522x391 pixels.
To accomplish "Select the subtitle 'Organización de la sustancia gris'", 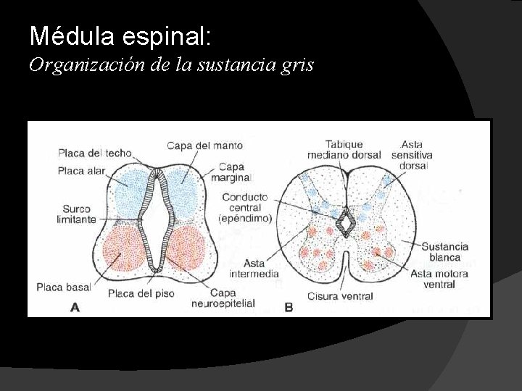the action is pyautogui.click(x=171, y=65).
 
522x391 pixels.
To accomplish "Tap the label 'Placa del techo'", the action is pyautogui.click(x=94, y=153).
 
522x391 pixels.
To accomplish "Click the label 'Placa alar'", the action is pyautogui.click(x=81, y=172).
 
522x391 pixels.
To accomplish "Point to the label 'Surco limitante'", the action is pyautogui.click(x=76, y=214).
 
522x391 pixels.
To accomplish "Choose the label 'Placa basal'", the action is pyautogui.click(x=65, y=287).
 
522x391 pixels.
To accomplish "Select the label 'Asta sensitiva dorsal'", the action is pyautogui.click(x=411, y=155).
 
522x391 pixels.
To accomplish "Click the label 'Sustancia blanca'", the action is pyautogui.click(x=445, y=251).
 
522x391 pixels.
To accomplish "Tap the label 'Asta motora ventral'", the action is pyautogui.click(x=439, y=279).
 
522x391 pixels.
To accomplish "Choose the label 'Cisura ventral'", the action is pyautogui.click(x=339, y=295).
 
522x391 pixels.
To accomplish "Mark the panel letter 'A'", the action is pyautogui.click(x=75, y=308).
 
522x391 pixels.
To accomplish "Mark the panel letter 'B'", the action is pyautogui.click(x=289, y=308).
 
